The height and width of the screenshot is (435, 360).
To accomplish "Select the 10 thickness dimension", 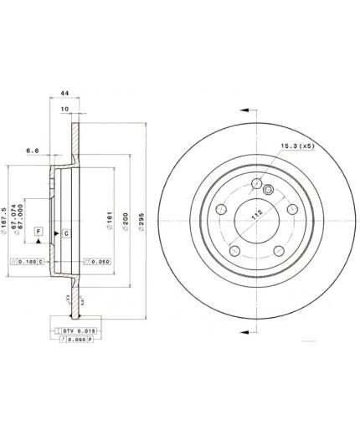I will [64, 108].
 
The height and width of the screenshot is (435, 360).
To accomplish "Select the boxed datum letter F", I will [38, 230].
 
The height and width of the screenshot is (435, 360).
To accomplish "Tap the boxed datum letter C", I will [65, 233].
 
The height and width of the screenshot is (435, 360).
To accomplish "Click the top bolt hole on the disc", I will [256, 185].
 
